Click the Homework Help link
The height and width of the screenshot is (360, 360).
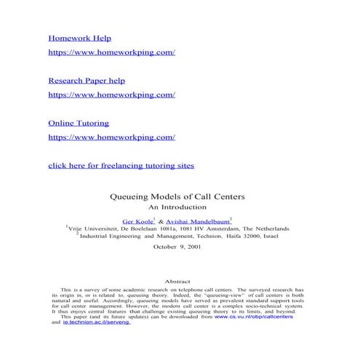click(79, 37)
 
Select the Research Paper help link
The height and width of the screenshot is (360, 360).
click(87, 79)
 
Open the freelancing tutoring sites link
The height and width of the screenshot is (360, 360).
click(121, 165)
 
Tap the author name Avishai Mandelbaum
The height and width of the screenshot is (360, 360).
click(198, 220)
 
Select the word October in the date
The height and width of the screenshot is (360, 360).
click(164, 247)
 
